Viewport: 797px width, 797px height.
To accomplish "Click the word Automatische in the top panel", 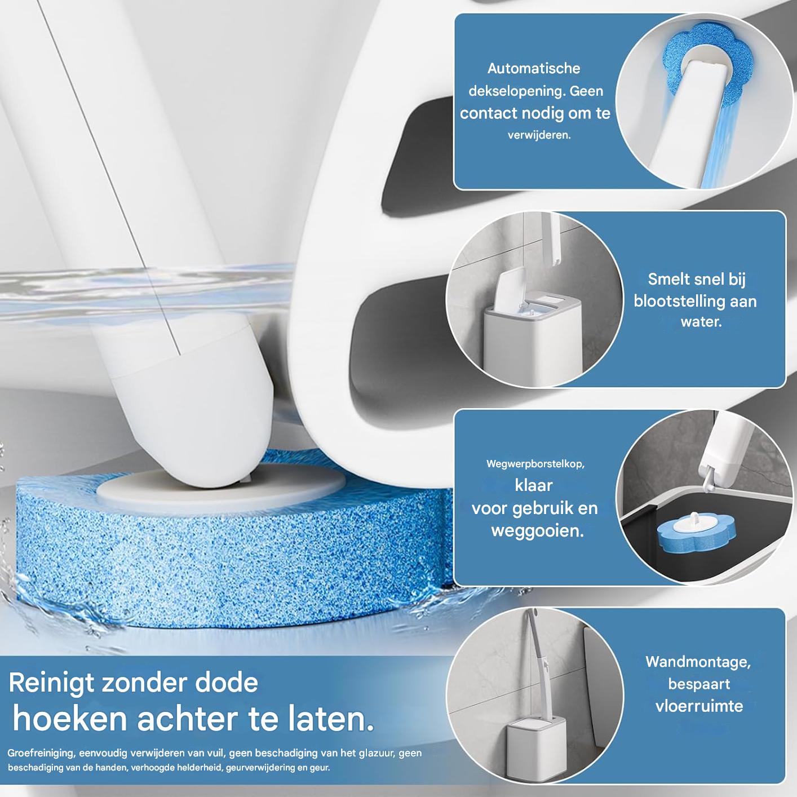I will tap(533, 69).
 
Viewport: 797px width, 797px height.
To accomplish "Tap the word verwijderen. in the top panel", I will tap(539, 135).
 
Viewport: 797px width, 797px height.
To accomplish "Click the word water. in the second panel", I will tap(701, 322).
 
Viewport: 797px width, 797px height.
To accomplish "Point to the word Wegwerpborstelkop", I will tap(535, 464).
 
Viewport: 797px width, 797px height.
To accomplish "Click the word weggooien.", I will tap(537, 530).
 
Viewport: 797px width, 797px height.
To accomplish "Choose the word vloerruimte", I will tap(699, 706).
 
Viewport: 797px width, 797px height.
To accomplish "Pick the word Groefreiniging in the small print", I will tap(41, 753).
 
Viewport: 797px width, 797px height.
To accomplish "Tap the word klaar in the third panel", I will tap(533, 485).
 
